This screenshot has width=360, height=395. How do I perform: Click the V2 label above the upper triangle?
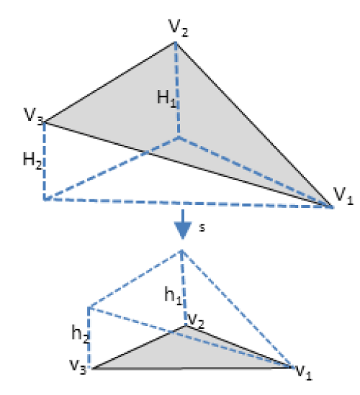pos(179,28)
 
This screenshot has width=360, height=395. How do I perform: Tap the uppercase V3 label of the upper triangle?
pos(34,117)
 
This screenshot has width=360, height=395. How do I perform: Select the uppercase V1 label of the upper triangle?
pos(343,196)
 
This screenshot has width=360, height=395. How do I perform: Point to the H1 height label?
pos(166,99)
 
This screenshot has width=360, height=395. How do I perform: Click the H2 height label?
pos(32,160)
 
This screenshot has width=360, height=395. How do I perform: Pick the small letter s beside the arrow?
pos(202,227)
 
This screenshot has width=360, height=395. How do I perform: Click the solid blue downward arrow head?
pos(183,230)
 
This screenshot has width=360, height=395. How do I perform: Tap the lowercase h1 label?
pos(173,296)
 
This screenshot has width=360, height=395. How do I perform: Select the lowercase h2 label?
pos(80,334)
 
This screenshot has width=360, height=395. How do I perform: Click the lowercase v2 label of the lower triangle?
pos(196,321)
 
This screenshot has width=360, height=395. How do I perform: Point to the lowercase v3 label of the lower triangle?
pos(78,366)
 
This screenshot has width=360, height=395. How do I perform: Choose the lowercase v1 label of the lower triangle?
pos(304,372)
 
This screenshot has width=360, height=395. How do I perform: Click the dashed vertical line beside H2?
pos(45,161)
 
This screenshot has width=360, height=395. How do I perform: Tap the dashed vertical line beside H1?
pos(177,90)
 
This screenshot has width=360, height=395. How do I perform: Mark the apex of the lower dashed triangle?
pos(181,250)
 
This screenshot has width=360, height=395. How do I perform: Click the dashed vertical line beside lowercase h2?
pos(89,337)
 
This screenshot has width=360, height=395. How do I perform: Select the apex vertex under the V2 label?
pos(176,43)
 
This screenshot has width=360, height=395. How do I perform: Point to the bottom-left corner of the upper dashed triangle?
pos(45,199)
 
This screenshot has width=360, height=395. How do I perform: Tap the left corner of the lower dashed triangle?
pos(89,308)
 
